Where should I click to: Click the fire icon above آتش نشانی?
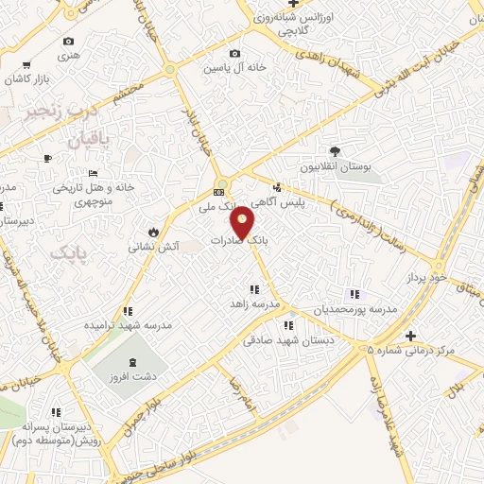(151, 232)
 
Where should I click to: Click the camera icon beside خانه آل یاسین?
(234, 54)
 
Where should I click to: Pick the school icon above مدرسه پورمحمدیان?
(354, 294)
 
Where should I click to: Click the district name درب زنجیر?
(61, 111)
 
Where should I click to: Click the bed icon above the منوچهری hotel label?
(92, 173)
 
